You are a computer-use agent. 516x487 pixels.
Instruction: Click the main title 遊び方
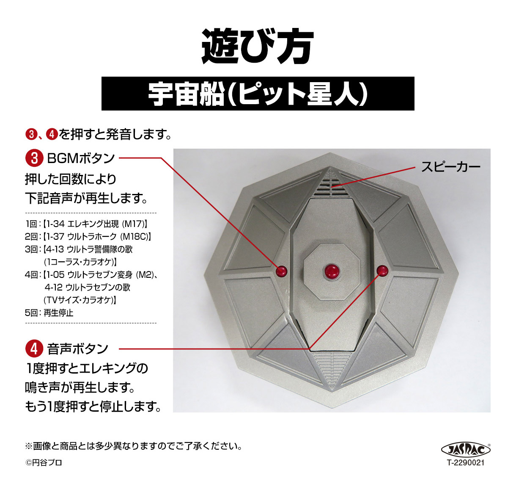click(257, 47)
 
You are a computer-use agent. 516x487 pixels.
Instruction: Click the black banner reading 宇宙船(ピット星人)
click(258, 94)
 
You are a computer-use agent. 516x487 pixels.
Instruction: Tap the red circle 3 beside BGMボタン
click(34, 158)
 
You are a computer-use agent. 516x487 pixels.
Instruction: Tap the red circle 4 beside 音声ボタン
click(34, 349)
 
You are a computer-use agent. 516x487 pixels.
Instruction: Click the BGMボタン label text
click(81, 158)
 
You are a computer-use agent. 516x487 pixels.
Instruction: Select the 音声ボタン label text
click(78, 349)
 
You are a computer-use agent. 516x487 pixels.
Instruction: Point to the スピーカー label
click(450, 166)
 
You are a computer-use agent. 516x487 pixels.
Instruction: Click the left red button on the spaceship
click(282, 271)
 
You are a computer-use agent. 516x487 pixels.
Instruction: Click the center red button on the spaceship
click(331, 271)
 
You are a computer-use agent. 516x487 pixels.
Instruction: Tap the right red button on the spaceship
click(382, 271)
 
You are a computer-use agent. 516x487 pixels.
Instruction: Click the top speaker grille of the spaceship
click(332, 184)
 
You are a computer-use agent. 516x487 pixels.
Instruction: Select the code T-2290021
click(466, 462)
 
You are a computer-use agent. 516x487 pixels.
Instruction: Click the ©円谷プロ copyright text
click(44, 462)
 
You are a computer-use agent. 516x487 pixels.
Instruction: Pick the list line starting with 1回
click(86, 224)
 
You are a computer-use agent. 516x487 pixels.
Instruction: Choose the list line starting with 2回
click(88, 237)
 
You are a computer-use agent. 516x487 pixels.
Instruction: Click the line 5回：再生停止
click(49, 313)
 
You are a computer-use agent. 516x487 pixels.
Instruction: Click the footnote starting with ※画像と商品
click(134, 446)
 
